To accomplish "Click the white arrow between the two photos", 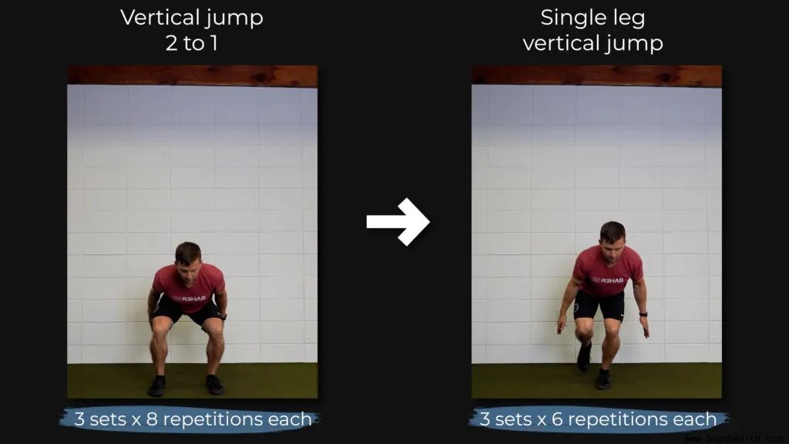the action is [398, 221].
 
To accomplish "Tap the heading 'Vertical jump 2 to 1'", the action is [192, 30].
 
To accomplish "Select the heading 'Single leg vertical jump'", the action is [593, 30].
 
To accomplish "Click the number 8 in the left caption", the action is [152, 419].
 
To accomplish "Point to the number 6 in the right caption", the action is [557, 419].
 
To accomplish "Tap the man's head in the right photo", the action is [613, 240].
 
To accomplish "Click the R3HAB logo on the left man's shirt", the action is [190, 298].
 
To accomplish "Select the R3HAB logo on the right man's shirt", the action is [607, 280].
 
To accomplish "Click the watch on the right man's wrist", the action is [643, 314].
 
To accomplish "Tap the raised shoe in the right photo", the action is [584, 356].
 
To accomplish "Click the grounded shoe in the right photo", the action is [603, 379].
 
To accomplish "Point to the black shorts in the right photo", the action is [599, 305].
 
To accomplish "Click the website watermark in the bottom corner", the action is [736, 439].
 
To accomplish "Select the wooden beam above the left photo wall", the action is [192, 76].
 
